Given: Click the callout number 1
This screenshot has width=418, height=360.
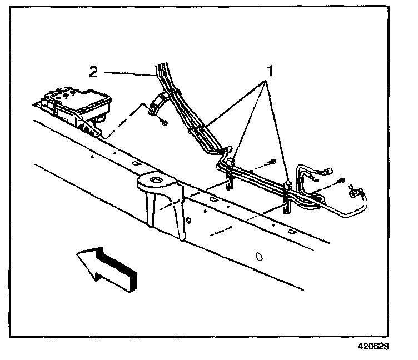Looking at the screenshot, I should (271, 72).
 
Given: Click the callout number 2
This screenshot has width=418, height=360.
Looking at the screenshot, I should (94, 71).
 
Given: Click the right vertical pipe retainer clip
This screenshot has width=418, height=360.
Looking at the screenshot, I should (288, 194).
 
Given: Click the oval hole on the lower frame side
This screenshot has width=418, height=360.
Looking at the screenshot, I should (258, 257).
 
